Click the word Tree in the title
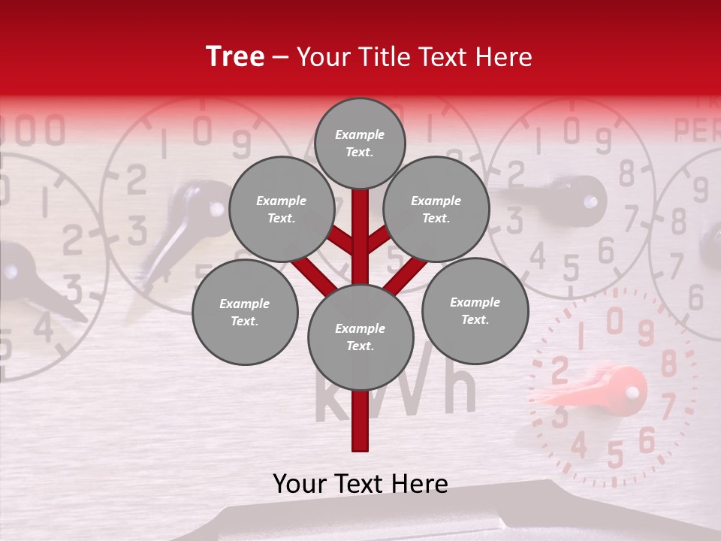pyautogui.click(x=235, y=57)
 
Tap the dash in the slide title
pyautogui.click(x=281, y=58)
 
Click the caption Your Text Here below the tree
pyautogui.click(x=360, y=484)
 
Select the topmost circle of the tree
pyautogui.click(x=360, y=143)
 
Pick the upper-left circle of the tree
pyautogui.click(x=281, y=209)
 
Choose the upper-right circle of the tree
pyautogui.click(x=436, y=209)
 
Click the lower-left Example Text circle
pyautogui.click(x=245, y=312)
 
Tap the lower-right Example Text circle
pyautogui.click(x=475, y=310)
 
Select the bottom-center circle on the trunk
pyautogui.click(x=360, y=337)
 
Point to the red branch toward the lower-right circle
pyautogui.click(x=406, y=277)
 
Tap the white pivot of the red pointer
pyautogui.click(x=632, y=391)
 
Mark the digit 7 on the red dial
pyautogui.click(x=668, y=406)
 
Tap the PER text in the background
pyautogui.click(x=697, y=131)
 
